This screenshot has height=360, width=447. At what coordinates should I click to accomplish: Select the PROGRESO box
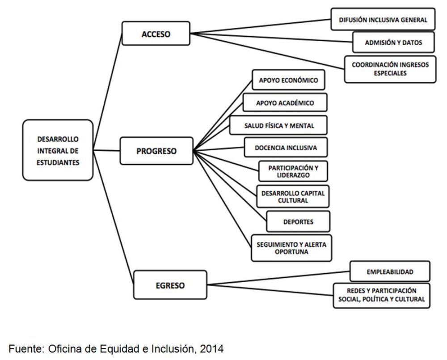156,151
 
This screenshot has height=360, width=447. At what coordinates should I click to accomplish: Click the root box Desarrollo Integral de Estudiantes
58,151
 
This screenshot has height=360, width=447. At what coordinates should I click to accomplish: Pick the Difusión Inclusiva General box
383,20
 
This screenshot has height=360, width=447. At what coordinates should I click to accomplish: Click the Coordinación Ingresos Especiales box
390,69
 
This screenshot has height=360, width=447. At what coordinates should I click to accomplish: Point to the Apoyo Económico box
288,80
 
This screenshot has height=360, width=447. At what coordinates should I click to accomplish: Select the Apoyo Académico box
285,103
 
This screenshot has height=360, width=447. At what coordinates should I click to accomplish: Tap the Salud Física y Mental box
278,126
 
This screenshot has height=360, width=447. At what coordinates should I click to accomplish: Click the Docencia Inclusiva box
286,148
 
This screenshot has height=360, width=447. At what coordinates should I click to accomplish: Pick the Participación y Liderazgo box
293,171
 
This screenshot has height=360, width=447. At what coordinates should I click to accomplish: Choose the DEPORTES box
298,222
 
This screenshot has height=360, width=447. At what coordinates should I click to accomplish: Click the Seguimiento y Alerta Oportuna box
291,248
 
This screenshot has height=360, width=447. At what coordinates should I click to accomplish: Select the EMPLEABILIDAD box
389,271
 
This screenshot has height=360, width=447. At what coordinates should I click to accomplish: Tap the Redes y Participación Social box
381,295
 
